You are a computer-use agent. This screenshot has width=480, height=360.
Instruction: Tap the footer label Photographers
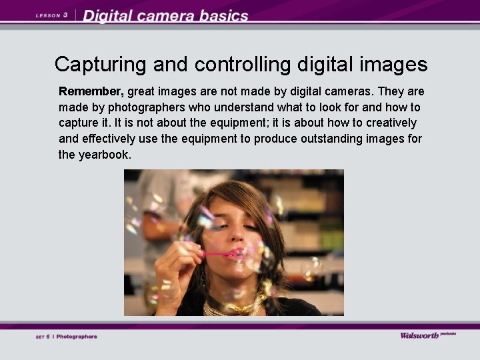point(77,337)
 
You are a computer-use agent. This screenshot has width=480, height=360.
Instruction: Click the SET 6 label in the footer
point(43,337)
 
